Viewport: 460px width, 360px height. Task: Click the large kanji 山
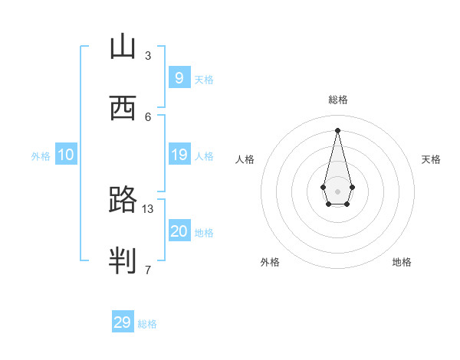coord(123,47)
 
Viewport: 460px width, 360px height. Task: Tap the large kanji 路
coord(123,200)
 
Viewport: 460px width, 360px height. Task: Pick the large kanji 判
coord(123,261)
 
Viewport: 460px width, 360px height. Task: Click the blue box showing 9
coord(179,77)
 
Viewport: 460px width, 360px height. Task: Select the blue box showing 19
coord(179,155)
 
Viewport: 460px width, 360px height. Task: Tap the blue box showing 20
coord(179,231)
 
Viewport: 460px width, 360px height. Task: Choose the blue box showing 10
coord(66,155)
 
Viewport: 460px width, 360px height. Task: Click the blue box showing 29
coord(123,322)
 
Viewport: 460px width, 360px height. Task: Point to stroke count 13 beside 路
coord(148,208)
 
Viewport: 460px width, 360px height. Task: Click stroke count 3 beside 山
coord(148,55)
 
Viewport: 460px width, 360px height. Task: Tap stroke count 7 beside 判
coord(148,270)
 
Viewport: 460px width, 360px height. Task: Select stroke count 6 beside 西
coord(148,116)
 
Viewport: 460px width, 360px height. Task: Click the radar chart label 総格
coord(338,100)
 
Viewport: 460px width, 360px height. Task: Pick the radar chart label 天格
coord(432,159)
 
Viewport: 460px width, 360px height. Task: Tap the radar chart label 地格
coord(402,262)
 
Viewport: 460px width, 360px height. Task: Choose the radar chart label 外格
coord(270,262)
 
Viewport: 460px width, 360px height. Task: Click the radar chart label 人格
coord(245,159)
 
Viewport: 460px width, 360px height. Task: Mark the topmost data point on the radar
coord(338,129)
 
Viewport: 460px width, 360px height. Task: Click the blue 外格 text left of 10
coord(41,155)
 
